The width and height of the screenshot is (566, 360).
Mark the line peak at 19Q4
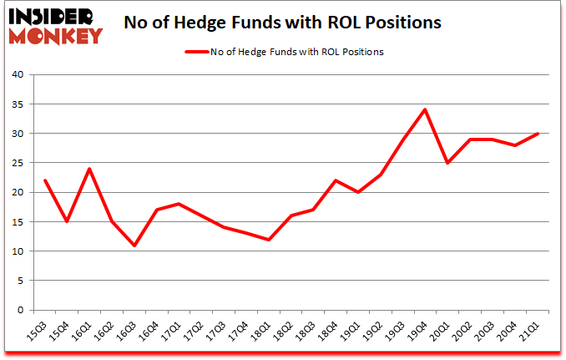tap(426, 109)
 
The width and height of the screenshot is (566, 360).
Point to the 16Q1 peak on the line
tap(88, 169)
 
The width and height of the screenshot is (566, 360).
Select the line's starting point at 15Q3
tap(45, 180)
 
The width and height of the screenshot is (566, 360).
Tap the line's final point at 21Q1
tap(537, 134)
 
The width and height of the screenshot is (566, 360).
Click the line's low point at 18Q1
tap(269, 239)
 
